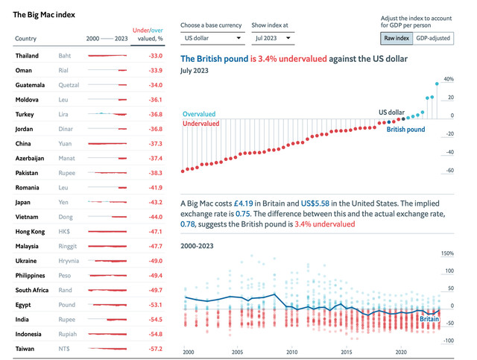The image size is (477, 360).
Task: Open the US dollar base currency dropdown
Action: tap(212, 37)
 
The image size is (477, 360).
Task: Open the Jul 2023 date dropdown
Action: tap(271, 37)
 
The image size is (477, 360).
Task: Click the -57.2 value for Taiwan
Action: tap(155, 348)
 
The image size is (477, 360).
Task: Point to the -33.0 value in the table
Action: tap(155, 56)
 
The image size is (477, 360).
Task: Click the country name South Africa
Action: tap(33, 290)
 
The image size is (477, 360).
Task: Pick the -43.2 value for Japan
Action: tap(155, 202)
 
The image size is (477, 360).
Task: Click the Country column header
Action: tap(26, 38)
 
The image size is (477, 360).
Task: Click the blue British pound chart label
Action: tap(405, 129)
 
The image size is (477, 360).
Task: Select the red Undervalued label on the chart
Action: tap(201, 123)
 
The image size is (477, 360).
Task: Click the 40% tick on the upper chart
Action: tap(449, 78)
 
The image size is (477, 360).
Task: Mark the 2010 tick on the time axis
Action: tap(292, 352)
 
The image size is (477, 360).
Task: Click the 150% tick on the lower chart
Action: tap(448, 253)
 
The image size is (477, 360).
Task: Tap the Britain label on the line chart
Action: tap(429, 318)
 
